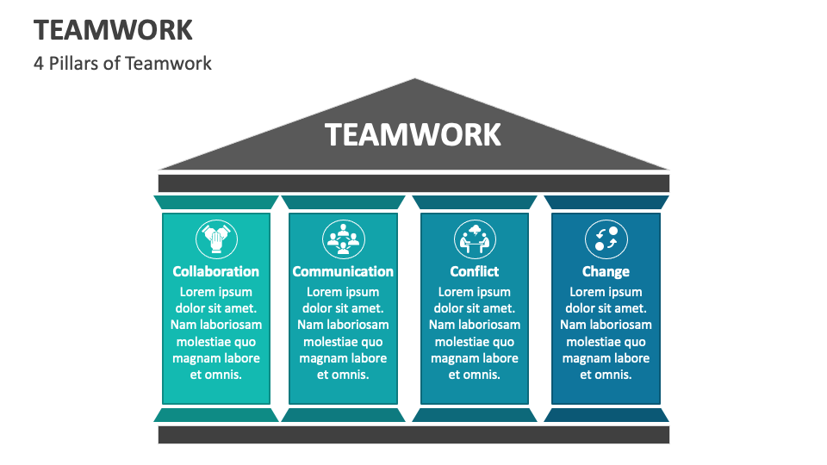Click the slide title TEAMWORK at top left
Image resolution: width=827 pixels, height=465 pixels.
pyautogui.click(x=113, y=29)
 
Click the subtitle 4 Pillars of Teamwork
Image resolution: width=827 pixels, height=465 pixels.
pyautogui.click(x=122, y=63)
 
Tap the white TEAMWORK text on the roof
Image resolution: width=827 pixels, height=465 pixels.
pyautogui.click(x=413, y=135)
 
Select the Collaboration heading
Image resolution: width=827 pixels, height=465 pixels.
pyautogui.click(x=215, y=271)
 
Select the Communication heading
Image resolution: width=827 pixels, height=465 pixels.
pyautogui.click(x=343, y=271)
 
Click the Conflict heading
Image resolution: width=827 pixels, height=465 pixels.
pyautogui.click(x=475, y=271)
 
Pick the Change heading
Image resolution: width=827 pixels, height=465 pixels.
pyautogui.click(x=606, y=271)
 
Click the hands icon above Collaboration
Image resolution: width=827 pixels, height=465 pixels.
pyautogui.click(x=215, y=239)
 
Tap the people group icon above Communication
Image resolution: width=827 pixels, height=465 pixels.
pyautogui.click(x=343, y=239)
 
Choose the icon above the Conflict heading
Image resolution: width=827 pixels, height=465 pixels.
pyautogui.click(x=475, y=239)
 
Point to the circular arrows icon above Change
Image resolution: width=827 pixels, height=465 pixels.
pyautogui.click(x=606, y=239)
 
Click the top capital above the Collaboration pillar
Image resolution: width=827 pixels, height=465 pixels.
pyautogui.click(x=215, y=202)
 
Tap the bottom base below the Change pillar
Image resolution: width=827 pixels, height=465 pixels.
pyautogui.click(x=606, y=415)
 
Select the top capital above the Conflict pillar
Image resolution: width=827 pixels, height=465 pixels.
pyautogui.click(x=475, y=202)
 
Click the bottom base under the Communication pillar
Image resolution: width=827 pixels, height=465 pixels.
pyautogui.click(x=343, y=415)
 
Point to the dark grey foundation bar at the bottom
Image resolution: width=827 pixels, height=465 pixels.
pyautogui.click(x=413, y=435)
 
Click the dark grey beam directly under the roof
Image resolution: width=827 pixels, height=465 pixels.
pyautogui.click(x=413, y=183)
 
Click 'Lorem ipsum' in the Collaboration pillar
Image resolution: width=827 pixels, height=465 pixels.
pyautogui.click(x=215, y=292)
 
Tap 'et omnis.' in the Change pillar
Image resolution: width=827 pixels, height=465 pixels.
pyautogui.click(x=606, y=375)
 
